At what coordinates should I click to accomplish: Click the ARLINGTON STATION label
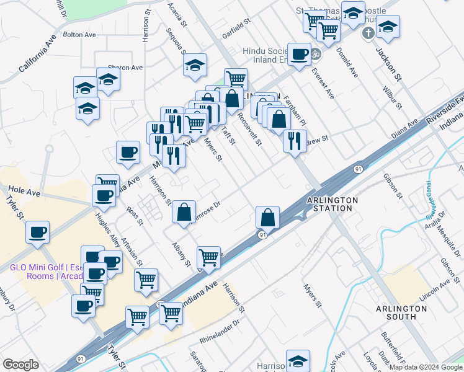click(332, 205)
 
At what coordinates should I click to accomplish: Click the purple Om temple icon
click(316, 54)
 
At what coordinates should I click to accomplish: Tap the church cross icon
click(368, 32)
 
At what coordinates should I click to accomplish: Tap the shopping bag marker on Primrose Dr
click(184, 212)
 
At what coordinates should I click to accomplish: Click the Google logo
click(20, 365)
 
